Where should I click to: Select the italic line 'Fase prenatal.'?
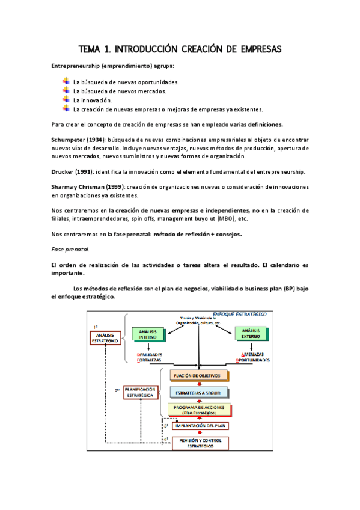tap(70, 249)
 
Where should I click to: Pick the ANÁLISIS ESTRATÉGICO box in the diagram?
tap(105, 337)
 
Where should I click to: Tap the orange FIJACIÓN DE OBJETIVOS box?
tap(200, 376)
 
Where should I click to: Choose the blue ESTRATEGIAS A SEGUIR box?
tap(200, 393)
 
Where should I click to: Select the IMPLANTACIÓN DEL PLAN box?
tap(200, 426)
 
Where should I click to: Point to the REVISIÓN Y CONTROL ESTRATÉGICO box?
tap(200, 443)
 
